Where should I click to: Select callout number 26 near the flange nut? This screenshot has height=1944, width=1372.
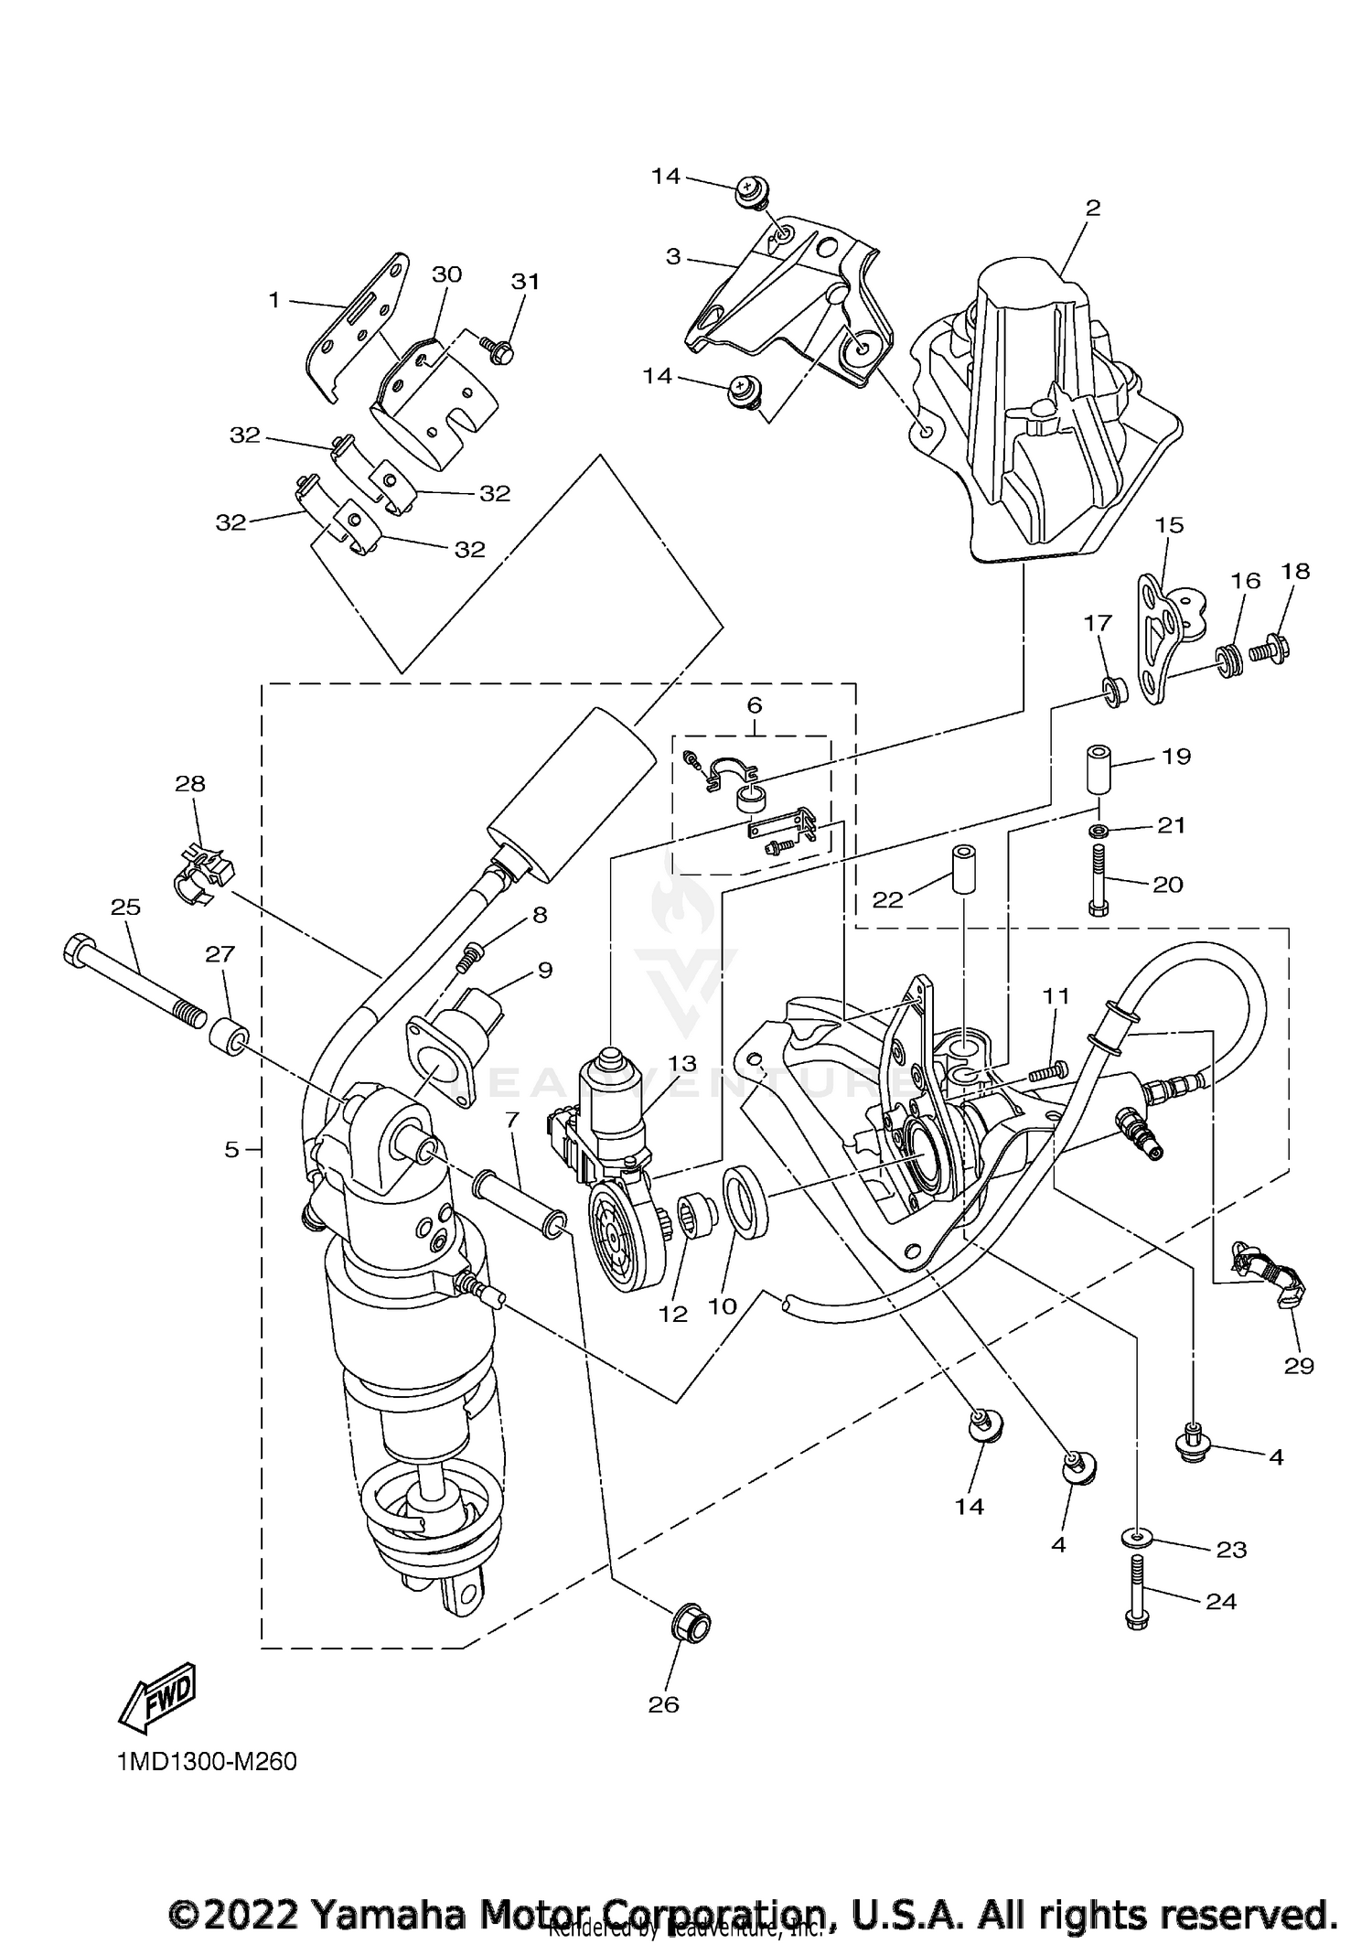pyautogui.click(x=664, y=1704)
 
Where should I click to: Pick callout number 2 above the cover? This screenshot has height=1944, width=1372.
pyautogui.click(x=1092, y=208)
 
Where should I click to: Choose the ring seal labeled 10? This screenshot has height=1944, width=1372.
pyautogui.click(x=746, y=1201)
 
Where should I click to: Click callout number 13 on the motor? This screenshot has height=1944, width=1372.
pyautogui.click(x=681, y=1064)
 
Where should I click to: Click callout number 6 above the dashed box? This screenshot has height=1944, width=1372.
pyautogui.click(x=754, y=705)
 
